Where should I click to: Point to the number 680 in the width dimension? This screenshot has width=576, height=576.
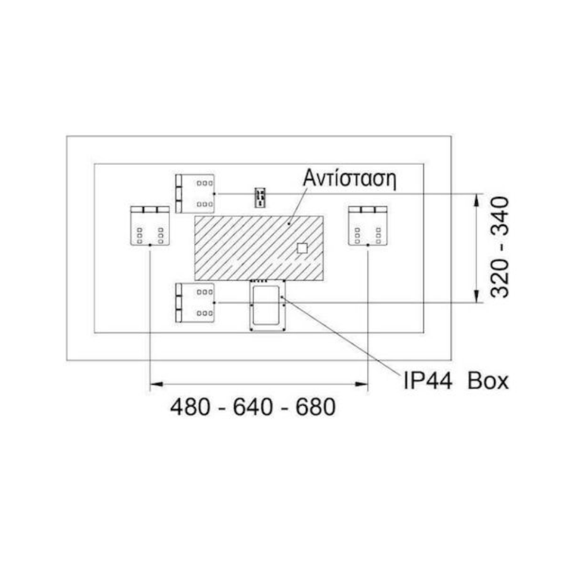(314, 408)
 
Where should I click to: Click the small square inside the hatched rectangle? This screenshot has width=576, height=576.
(301, 248)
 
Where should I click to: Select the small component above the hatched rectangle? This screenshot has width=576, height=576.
(260, 196)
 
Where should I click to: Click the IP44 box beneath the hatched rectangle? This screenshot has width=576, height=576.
(267, 305)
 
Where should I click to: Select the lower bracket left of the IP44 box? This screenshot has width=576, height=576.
(195, 302)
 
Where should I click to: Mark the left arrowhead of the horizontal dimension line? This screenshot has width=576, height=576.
(154, 383)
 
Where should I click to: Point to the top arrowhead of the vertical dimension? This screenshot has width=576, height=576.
(476, 198)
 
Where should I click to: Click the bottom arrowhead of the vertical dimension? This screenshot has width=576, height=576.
(476, 298)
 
